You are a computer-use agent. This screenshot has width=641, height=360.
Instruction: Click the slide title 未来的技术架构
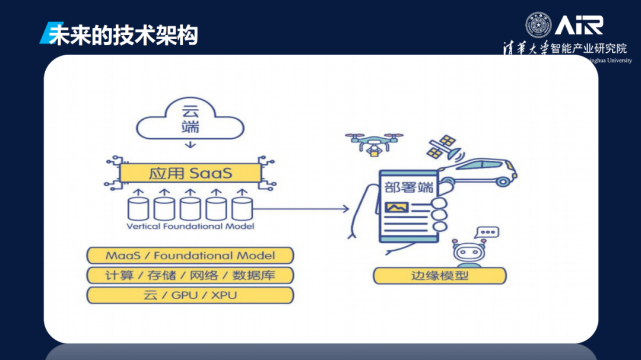pos(123,35)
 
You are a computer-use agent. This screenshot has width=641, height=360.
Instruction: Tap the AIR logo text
pos(579,25)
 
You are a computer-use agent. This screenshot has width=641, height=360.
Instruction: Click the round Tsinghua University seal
pos(538,25)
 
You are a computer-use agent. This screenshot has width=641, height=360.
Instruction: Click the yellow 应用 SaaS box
pos(190,173)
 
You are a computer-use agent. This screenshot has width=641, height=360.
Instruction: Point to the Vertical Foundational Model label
pos(191,226)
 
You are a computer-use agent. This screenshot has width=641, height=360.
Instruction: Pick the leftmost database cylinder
pos(138,209)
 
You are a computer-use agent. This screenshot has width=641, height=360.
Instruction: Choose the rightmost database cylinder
pos(242,209)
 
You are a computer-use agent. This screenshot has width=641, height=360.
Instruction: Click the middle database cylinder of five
pos(190,209)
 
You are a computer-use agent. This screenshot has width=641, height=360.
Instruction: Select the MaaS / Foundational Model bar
pos(190,256)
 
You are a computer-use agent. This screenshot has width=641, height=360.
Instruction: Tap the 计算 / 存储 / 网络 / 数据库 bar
pos(190,275)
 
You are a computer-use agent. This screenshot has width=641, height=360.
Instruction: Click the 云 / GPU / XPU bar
pos(190,295)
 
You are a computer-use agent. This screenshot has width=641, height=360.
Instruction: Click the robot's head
pos(469,253)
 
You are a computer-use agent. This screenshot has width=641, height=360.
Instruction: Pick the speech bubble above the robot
pos(488,232)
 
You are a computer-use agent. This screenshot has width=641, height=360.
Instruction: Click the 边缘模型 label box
pos(439,276)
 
